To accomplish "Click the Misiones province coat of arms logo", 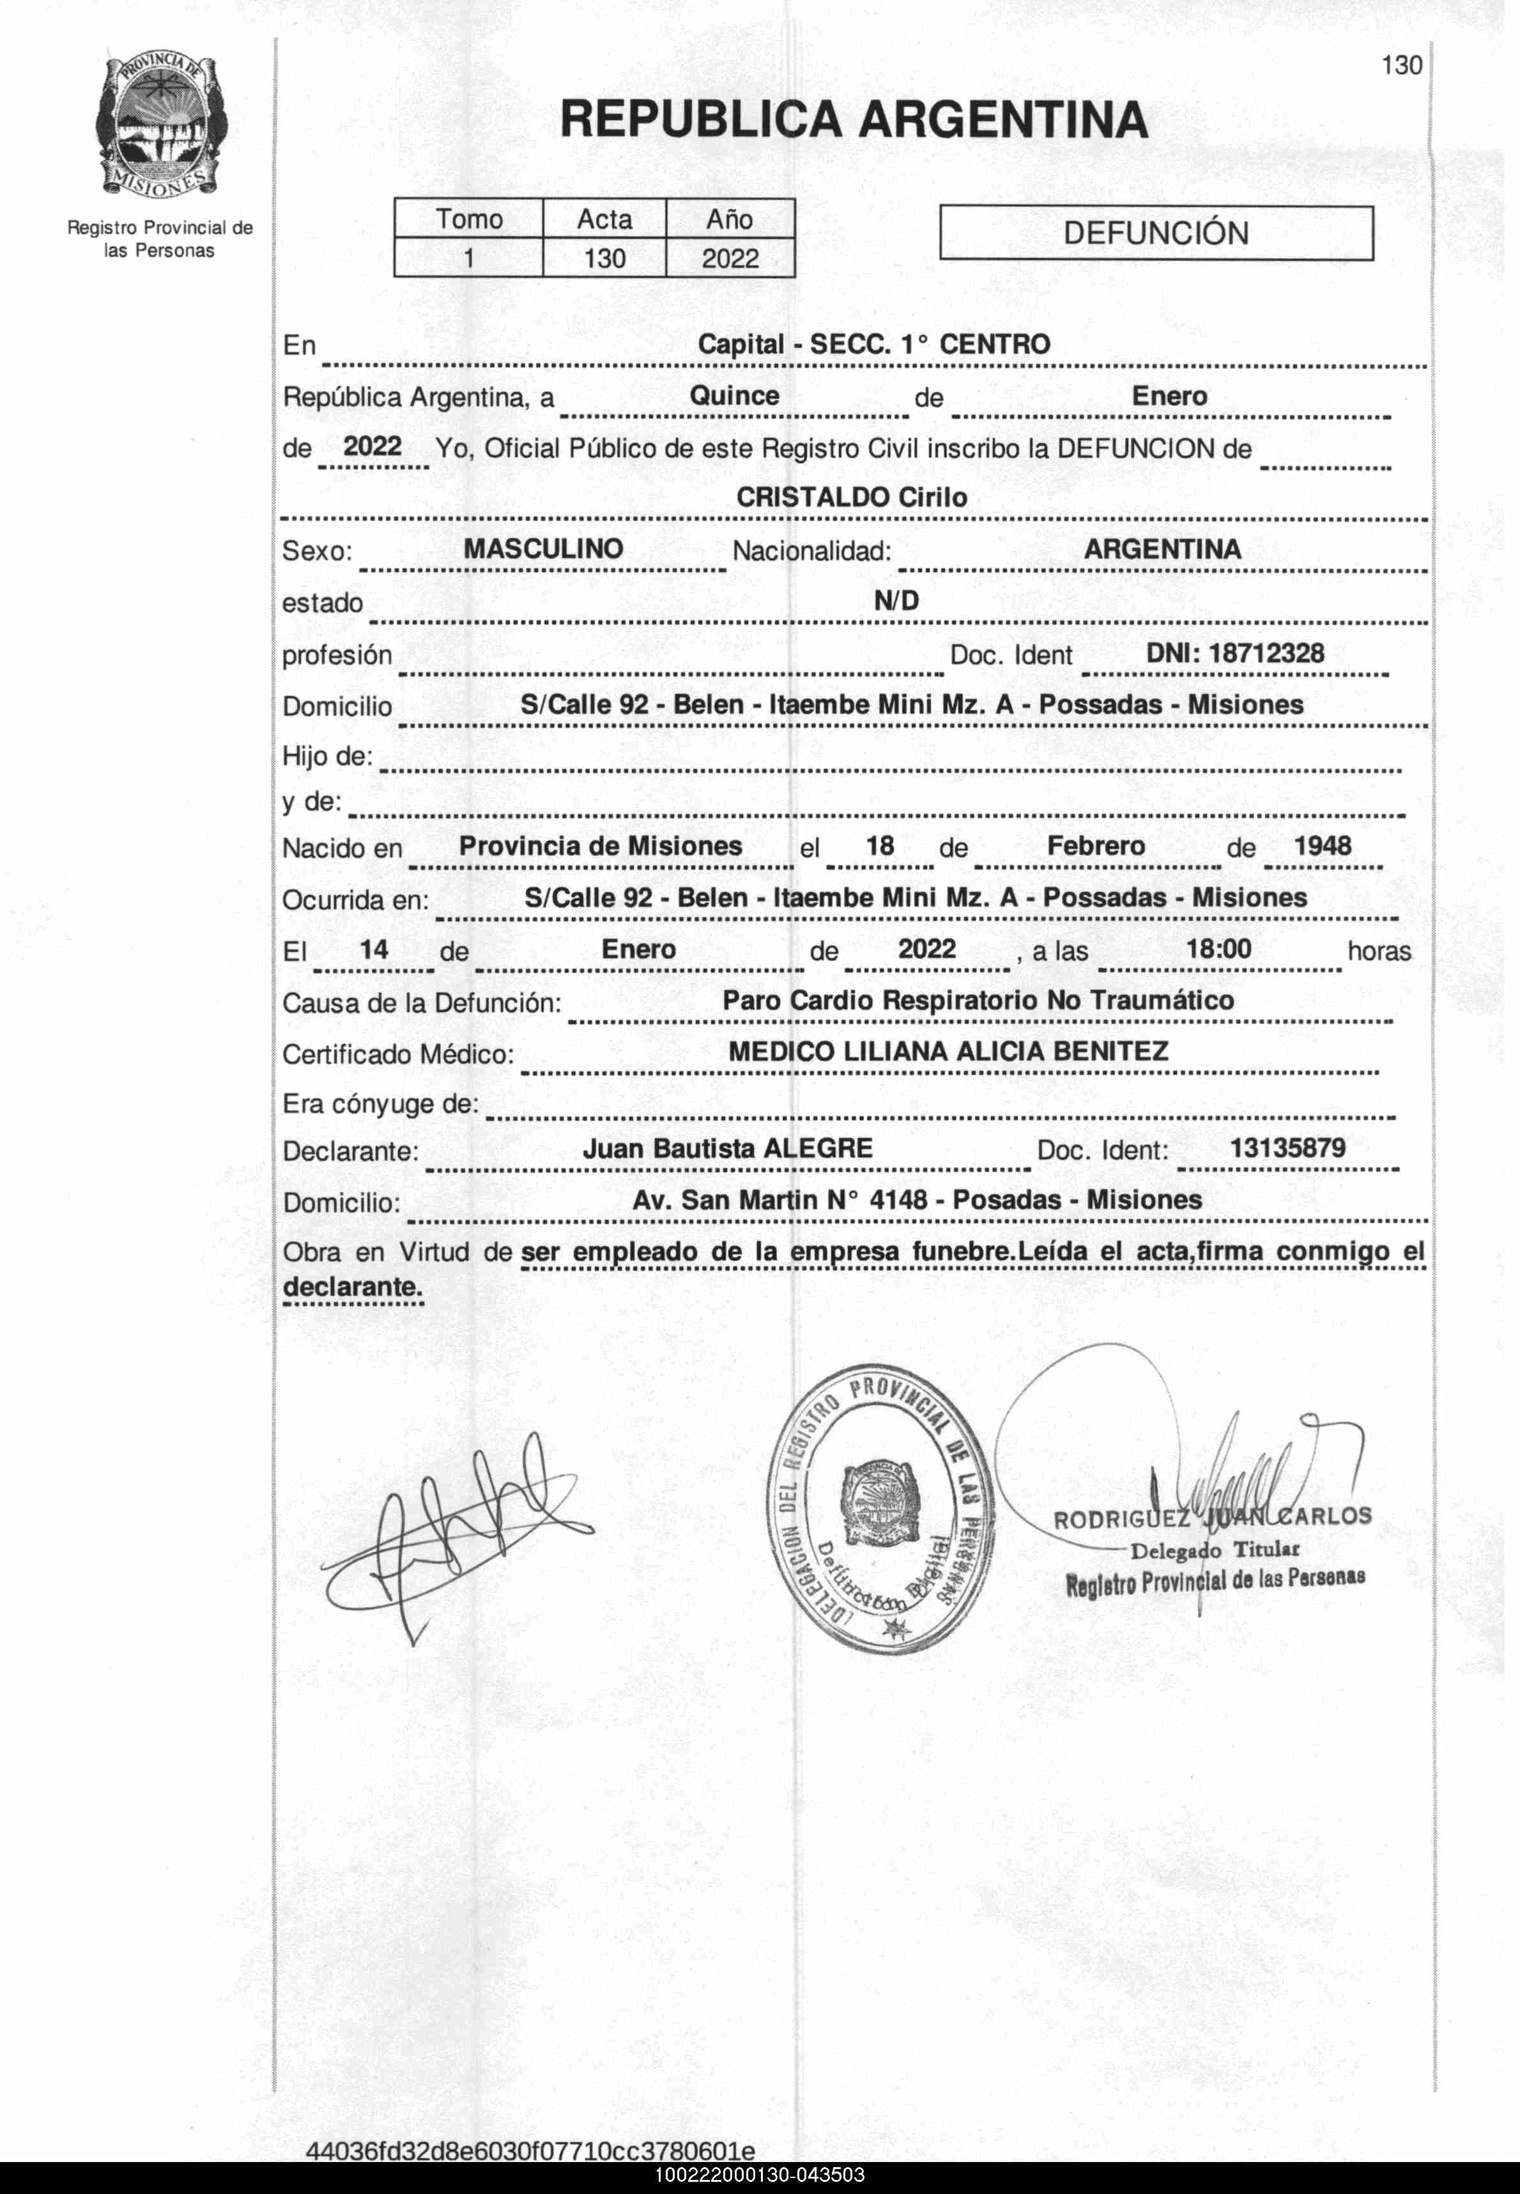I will click(160, 125).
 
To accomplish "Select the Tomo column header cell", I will click(468, 219).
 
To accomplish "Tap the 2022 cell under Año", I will click(730, 258).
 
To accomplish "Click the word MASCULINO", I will click(543, 548).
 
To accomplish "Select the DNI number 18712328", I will click(1235, 653).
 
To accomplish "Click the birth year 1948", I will click(1322, 846).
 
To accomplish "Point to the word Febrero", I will click(1096, 846).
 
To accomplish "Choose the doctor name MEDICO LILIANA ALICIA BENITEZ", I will click(948, 1052).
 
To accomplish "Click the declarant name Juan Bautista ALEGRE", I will click(728, 1149).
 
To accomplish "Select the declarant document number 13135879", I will click(1287, 1148).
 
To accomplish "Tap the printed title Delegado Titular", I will click(1215, 1550).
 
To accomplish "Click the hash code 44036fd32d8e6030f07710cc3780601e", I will click(530, 2151).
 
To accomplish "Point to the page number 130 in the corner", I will click(1401, 66).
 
